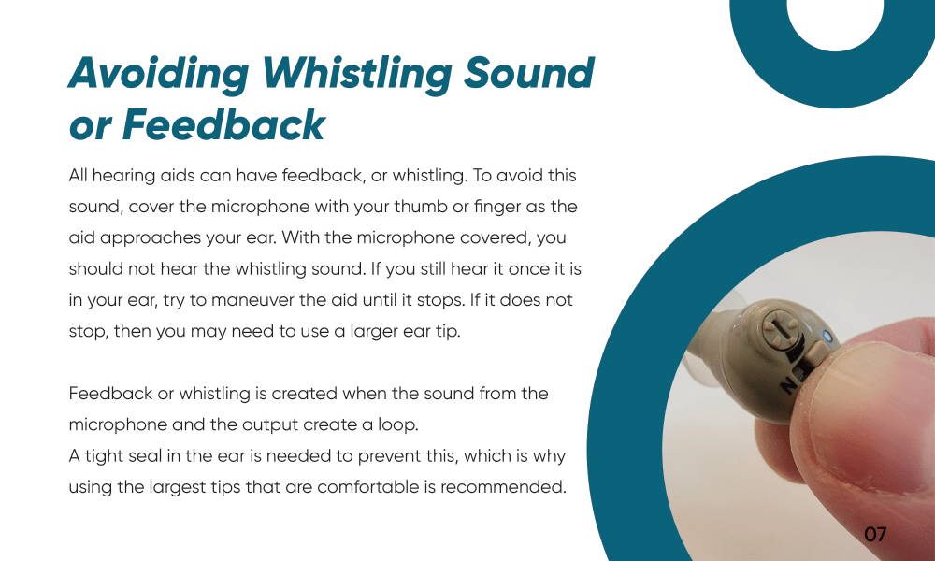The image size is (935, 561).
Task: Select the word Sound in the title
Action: point(529,73)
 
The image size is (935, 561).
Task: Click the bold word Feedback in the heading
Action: point(223,124)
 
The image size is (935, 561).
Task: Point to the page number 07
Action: point(875,534)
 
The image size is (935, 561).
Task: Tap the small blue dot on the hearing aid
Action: point(827,337)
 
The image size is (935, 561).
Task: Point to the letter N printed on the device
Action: point(788,385)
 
